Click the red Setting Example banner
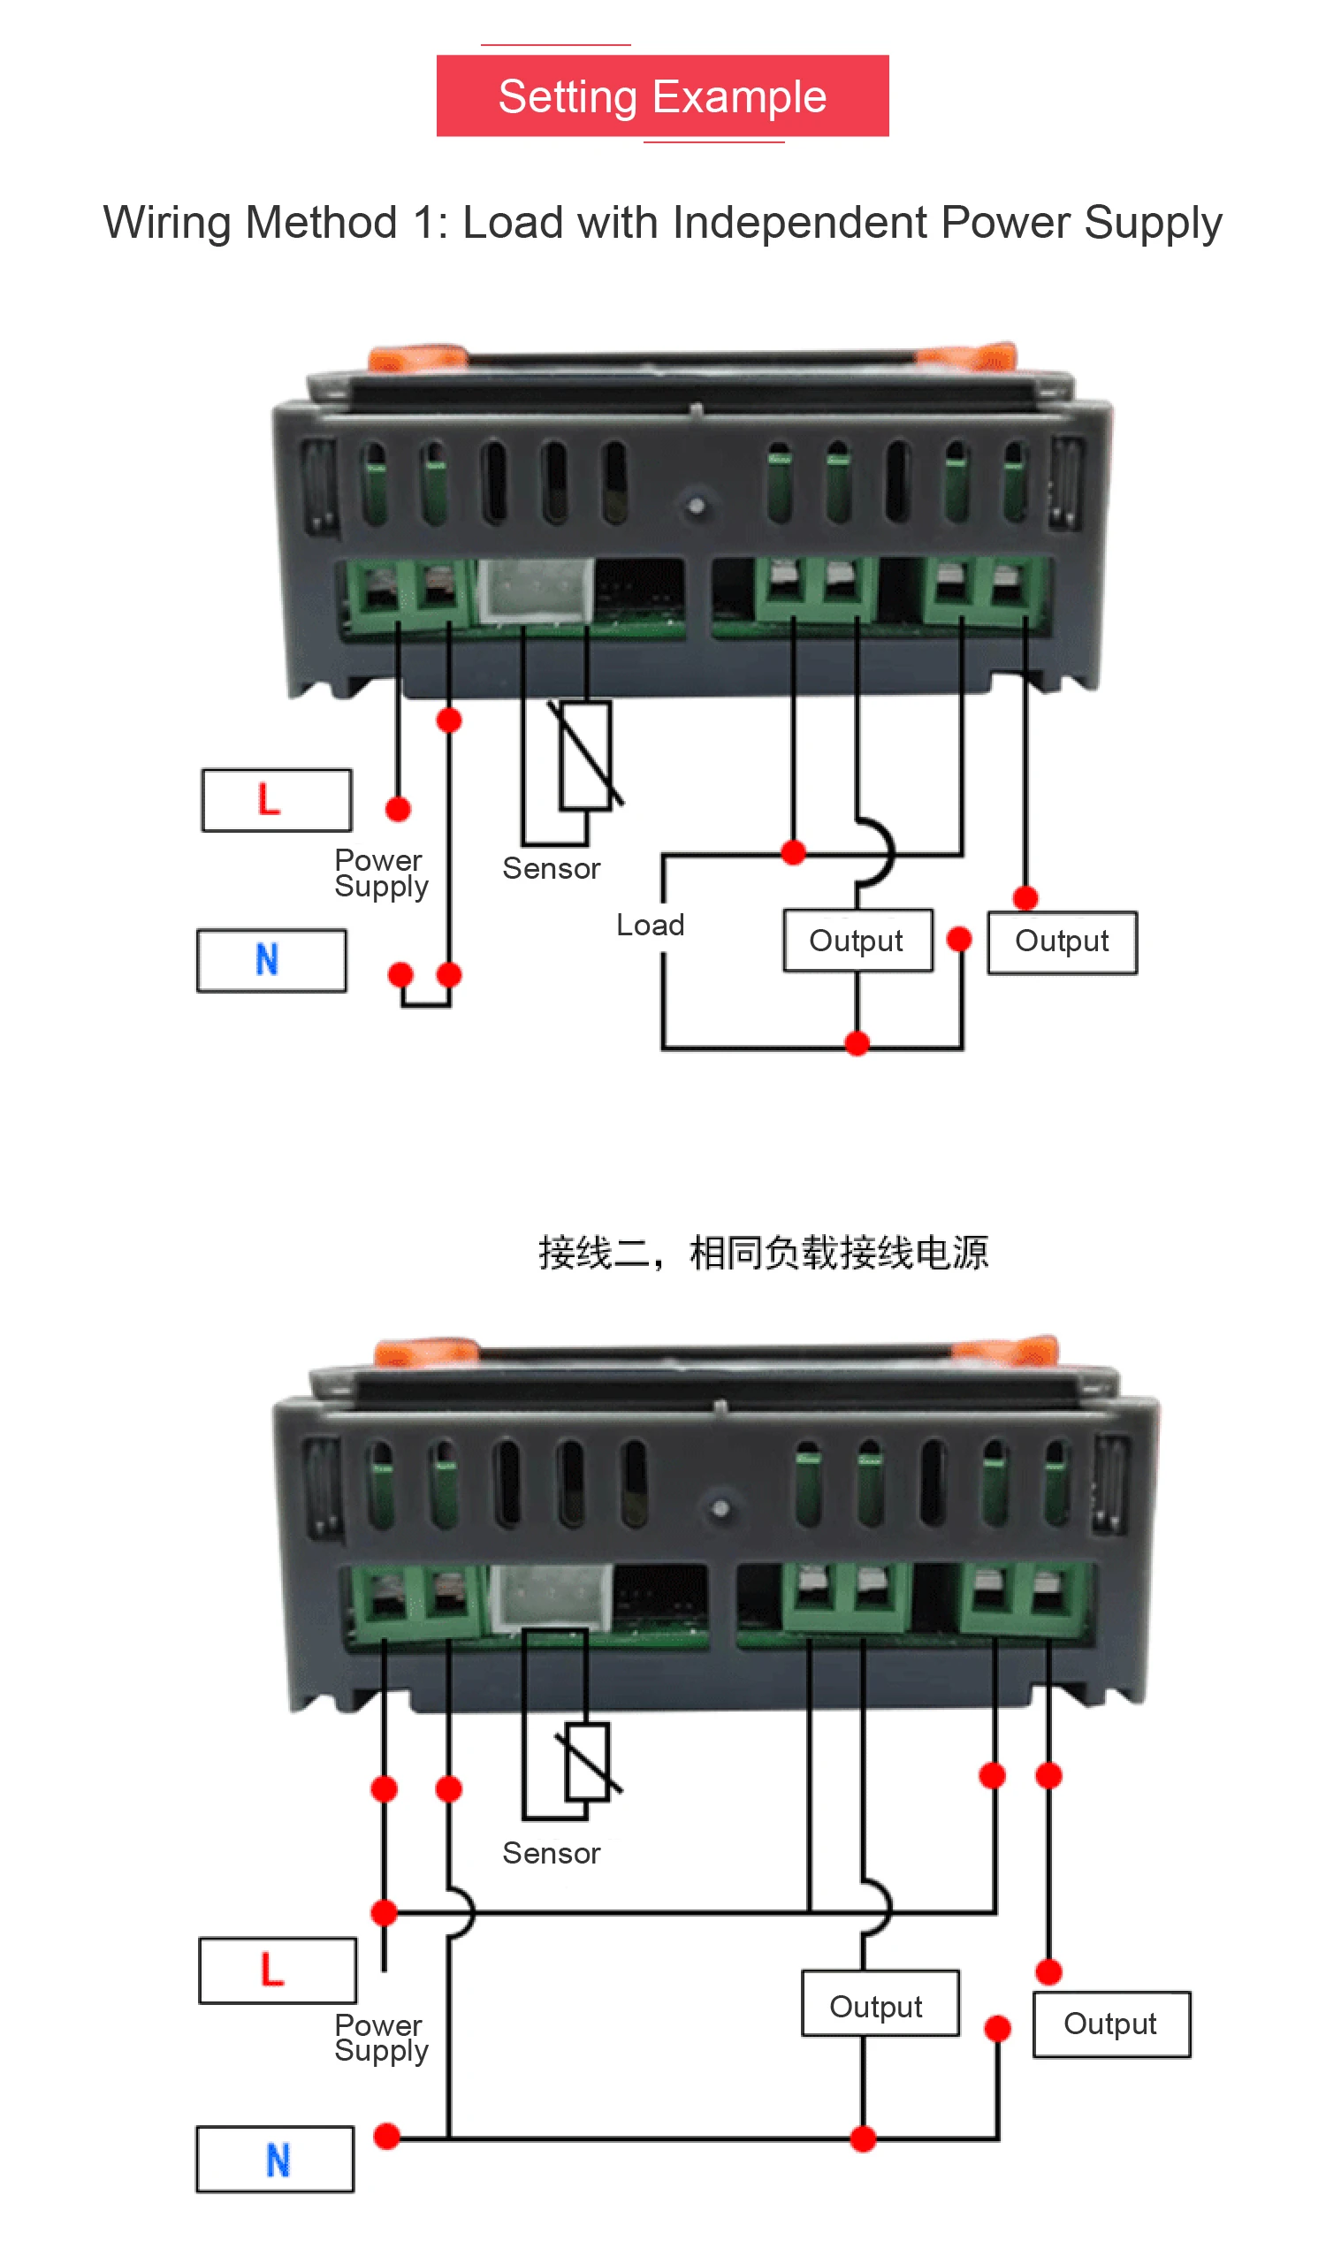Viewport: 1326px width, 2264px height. pyautogui.click(x=662, y=96)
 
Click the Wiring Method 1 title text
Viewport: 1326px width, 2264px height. pyautogui.click(x=662, y=222)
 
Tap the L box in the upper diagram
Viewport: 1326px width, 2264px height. pyautogui.click(x=276, y=799)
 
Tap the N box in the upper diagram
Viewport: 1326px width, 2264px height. pyautogui.click(x=271, y=959)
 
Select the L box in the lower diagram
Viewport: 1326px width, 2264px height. pyautogui.click(x=277, y=1971)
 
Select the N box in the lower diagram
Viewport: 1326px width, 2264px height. pyautogui.click(x=275, y=2159)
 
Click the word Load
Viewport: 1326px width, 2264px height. pyautogui.click(x=650, y=925)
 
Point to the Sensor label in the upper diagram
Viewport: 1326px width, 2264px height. pyautogui.click(x=551, y=868)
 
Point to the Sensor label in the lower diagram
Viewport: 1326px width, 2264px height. pyautogui.click(x=551, y=1853)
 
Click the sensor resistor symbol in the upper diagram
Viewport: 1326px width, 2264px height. pyautogui.click(x=586, y=755)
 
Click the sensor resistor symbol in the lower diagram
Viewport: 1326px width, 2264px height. pyautogui.click(x=587, y=1761)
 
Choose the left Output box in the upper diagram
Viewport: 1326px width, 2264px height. pyautogui.click(x=857, y=941)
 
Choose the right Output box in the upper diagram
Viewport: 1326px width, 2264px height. pyautogui.click(x=1062, y=941)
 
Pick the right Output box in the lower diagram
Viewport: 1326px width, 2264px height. pyautogui.click(x=1111, y=2024)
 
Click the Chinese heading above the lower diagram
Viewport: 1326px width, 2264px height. pyautogui.click(x=763, y=1252)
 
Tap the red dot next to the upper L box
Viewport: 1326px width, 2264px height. pyautogui.click(x=398, y=809)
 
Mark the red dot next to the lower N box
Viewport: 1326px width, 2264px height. pyautogui.click(x=386, y=2136)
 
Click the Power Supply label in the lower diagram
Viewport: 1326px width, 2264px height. pyautogui.click(x=381, y=2037)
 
